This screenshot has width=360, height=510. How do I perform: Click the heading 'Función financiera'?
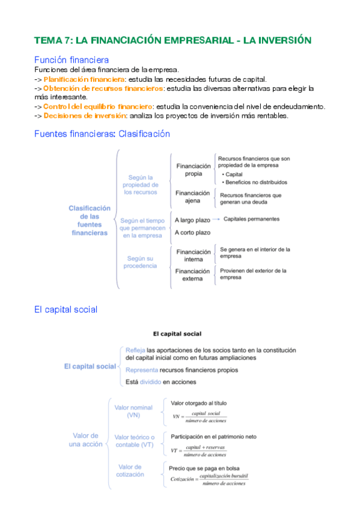[x=72, y=60]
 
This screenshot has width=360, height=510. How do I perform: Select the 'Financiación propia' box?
[x=193, y=170]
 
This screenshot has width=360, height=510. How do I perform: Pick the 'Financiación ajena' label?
[x=193, y=197]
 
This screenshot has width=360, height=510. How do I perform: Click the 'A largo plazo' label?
[x=192, y=220]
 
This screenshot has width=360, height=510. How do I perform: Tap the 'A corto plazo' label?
[x=192, y=232]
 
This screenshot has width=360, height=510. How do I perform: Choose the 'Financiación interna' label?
[x=193, y=256]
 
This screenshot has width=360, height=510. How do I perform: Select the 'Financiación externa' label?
[x=193, y=275]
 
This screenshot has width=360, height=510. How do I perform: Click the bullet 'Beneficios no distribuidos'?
[x=256, y=182]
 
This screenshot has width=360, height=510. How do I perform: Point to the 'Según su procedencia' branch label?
[x=140, y=262]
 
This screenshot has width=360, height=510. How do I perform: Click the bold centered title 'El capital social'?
[x=177, y=333]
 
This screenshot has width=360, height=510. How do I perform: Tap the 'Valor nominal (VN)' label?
[x=133, y=411]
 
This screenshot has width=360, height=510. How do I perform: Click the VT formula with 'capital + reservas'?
[x=198, y=450]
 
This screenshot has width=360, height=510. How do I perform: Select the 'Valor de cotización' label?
[x=130, y=470]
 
